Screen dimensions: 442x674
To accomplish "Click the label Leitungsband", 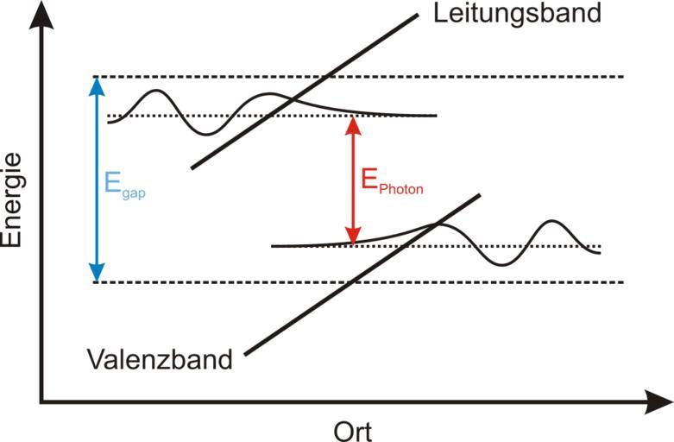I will click(x=517, y=14).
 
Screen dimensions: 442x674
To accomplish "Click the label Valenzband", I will click(x=161, y=359).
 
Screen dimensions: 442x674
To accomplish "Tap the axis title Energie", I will click(x=11, y=200).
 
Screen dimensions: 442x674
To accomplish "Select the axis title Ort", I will click(x=352, y=429).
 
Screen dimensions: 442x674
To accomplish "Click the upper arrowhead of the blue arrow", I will click(x=97, y=84).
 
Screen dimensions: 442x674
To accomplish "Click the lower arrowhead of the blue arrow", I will click(x=97, y=275).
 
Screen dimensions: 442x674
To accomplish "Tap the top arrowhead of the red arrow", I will click(x=352, y=123).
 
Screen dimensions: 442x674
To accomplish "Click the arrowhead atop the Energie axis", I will click(x=41, y=10).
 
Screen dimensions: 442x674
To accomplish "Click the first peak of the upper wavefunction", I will click(x=156, y=91).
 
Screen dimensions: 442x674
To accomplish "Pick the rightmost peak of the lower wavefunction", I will click(x=552, y=222).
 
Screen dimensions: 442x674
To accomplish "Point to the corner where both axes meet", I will click(x=41, y=402).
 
